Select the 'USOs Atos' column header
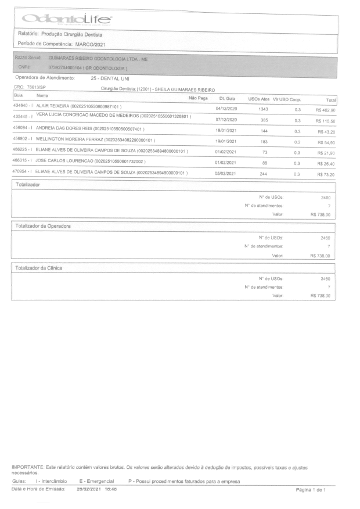click(x=259, y=99)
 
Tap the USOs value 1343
click(x=263, y=109)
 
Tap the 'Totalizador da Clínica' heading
click(x=39, y=268)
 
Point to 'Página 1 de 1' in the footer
click(x=311, y=490)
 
